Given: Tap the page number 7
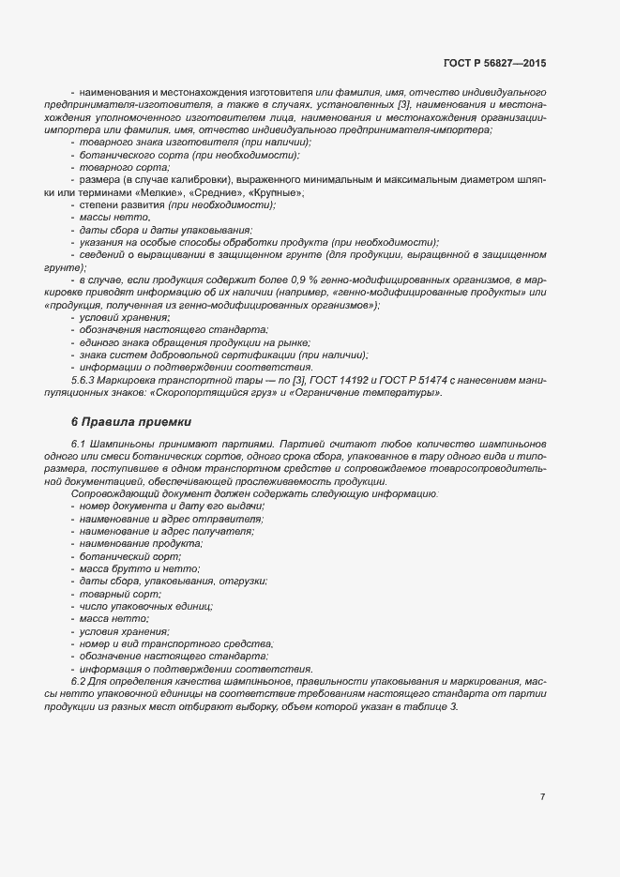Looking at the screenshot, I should click(543, 796).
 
